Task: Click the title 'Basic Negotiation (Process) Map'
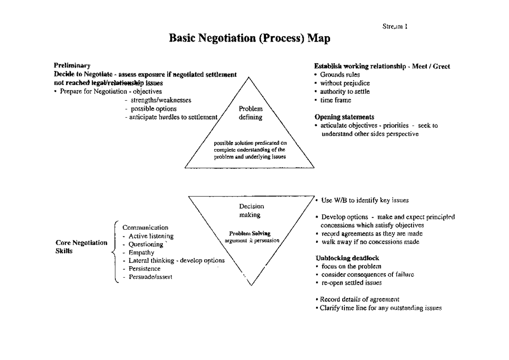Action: tap(249, 39)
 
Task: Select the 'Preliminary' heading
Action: tap(72, 66)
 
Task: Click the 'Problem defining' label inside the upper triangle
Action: tap(250, 113)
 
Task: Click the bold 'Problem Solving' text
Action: tap(250, 233)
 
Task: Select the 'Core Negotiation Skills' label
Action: tap(81, 247)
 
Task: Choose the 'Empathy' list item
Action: tap(141, 252)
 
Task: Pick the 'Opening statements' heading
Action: tap(344, 117)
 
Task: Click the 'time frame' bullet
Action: tap(336, 100)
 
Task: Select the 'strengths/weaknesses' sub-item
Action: tap(161, 100)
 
